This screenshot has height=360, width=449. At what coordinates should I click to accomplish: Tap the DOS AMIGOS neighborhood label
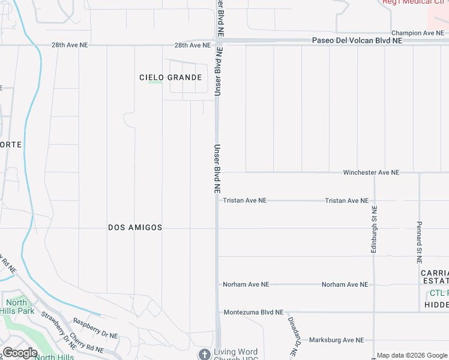pos(135,227)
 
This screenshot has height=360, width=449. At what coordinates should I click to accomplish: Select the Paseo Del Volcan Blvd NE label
pos(357,40)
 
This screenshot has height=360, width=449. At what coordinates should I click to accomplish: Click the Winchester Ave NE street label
pos(370,172)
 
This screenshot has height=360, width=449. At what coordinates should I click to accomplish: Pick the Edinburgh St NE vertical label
pos(373,229)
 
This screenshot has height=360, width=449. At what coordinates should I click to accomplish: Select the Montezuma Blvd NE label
pos(253,313)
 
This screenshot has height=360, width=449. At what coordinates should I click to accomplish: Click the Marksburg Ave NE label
pos(336,340)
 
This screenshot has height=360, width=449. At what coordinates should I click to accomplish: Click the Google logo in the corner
pos(20,353)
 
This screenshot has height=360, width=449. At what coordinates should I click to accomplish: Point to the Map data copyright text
pos(412,356)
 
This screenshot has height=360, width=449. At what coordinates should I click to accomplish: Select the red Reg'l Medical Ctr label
pos(415,2)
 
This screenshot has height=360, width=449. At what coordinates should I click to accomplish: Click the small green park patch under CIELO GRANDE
pos(155,83)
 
